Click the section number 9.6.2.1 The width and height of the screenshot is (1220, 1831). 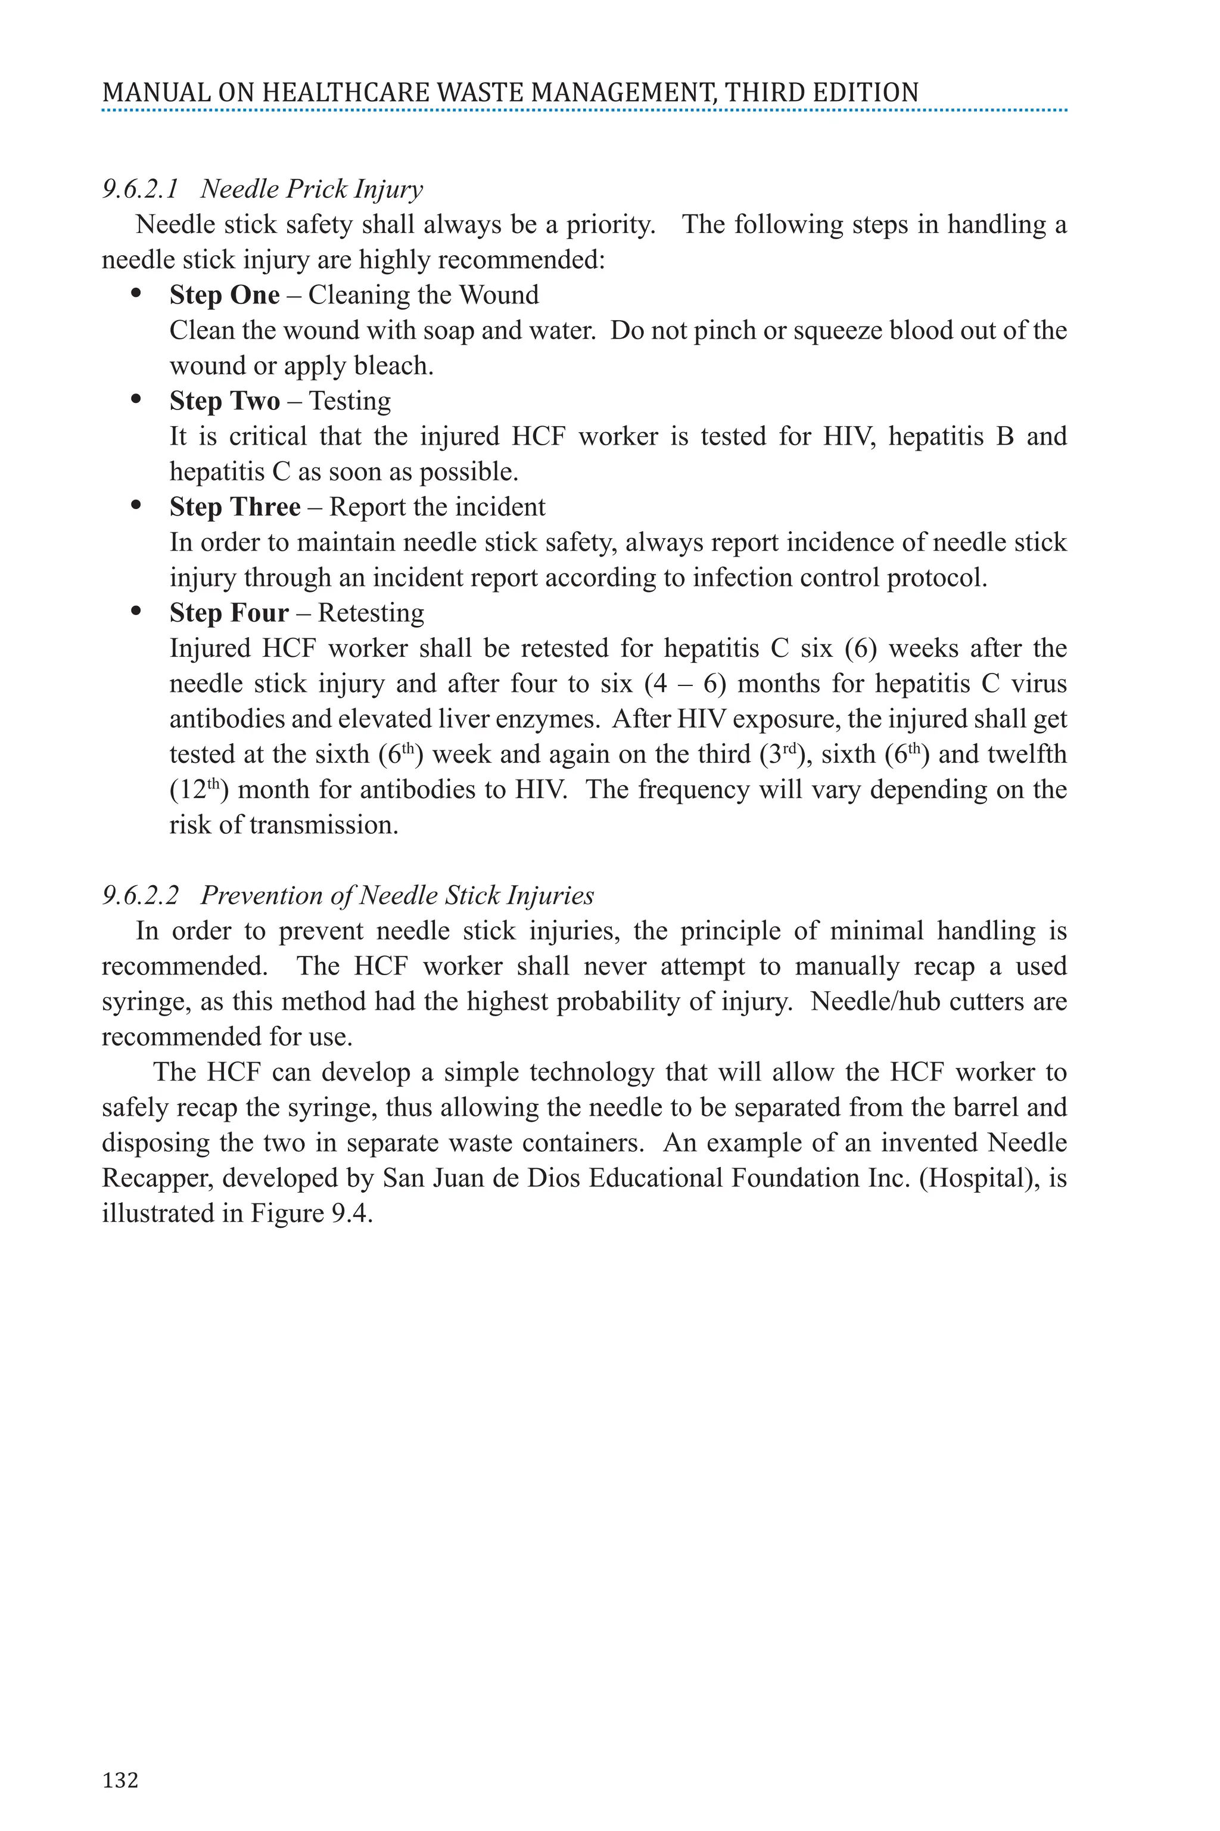point(140,189)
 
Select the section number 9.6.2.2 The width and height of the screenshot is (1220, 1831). point(140,895)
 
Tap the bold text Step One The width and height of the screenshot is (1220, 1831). point(224,295)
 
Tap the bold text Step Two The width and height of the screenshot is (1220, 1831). point(224,401)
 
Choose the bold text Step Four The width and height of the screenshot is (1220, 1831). point(229,613)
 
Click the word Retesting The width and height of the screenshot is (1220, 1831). point(371,613)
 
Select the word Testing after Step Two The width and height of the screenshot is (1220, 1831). point(350,401)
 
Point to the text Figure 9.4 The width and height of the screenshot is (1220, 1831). point(310,1214)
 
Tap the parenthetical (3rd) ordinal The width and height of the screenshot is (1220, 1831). point(785,755)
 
